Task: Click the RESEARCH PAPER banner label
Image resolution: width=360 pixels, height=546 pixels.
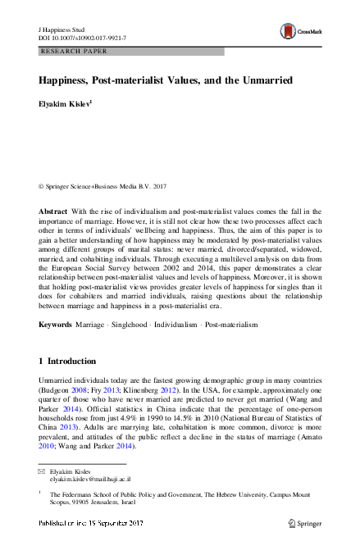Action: pyautogui.click(x=75, y=52)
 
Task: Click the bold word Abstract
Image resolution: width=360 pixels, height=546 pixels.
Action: pyautogui.click(x=53, y=212)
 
